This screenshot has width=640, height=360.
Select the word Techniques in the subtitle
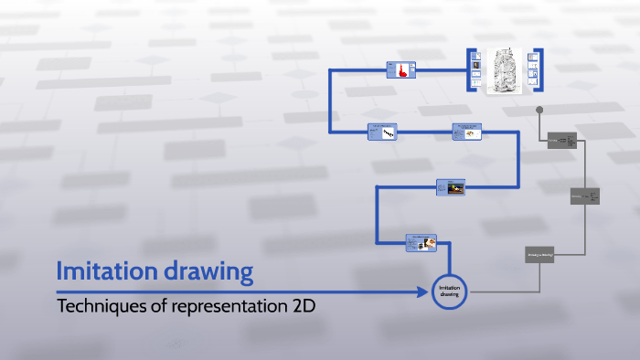pyautogui.click(x=101, y=306)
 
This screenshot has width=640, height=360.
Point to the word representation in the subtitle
pyautogui.click(x=228, y=306)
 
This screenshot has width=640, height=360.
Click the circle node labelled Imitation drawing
pyautogui.click(x=449, y=291)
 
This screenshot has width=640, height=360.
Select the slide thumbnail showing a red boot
pyautogui.click(x=400, y=69)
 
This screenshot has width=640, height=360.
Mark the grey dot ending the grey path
pyautogui.click(x=539, y=110)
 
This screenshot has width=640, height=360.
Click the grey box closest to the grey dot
pyautogui.click(x=561, y=141)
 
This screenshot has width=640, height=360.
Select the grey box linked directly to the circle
pyautogui.click(x=540, y=255)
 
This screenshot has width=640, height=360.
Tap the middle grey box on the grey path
pyautogui.click(x=585, y=196)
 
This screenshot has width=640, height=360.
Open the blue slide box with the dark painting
pyautogui.click(x=451, y=187)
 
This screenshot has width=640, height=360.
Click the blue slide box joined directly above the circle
pyautogui.click(x=421, y=242)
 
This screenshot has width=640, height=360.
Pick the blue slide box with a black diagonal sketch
pyautogui.click(x=381, y=132)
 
